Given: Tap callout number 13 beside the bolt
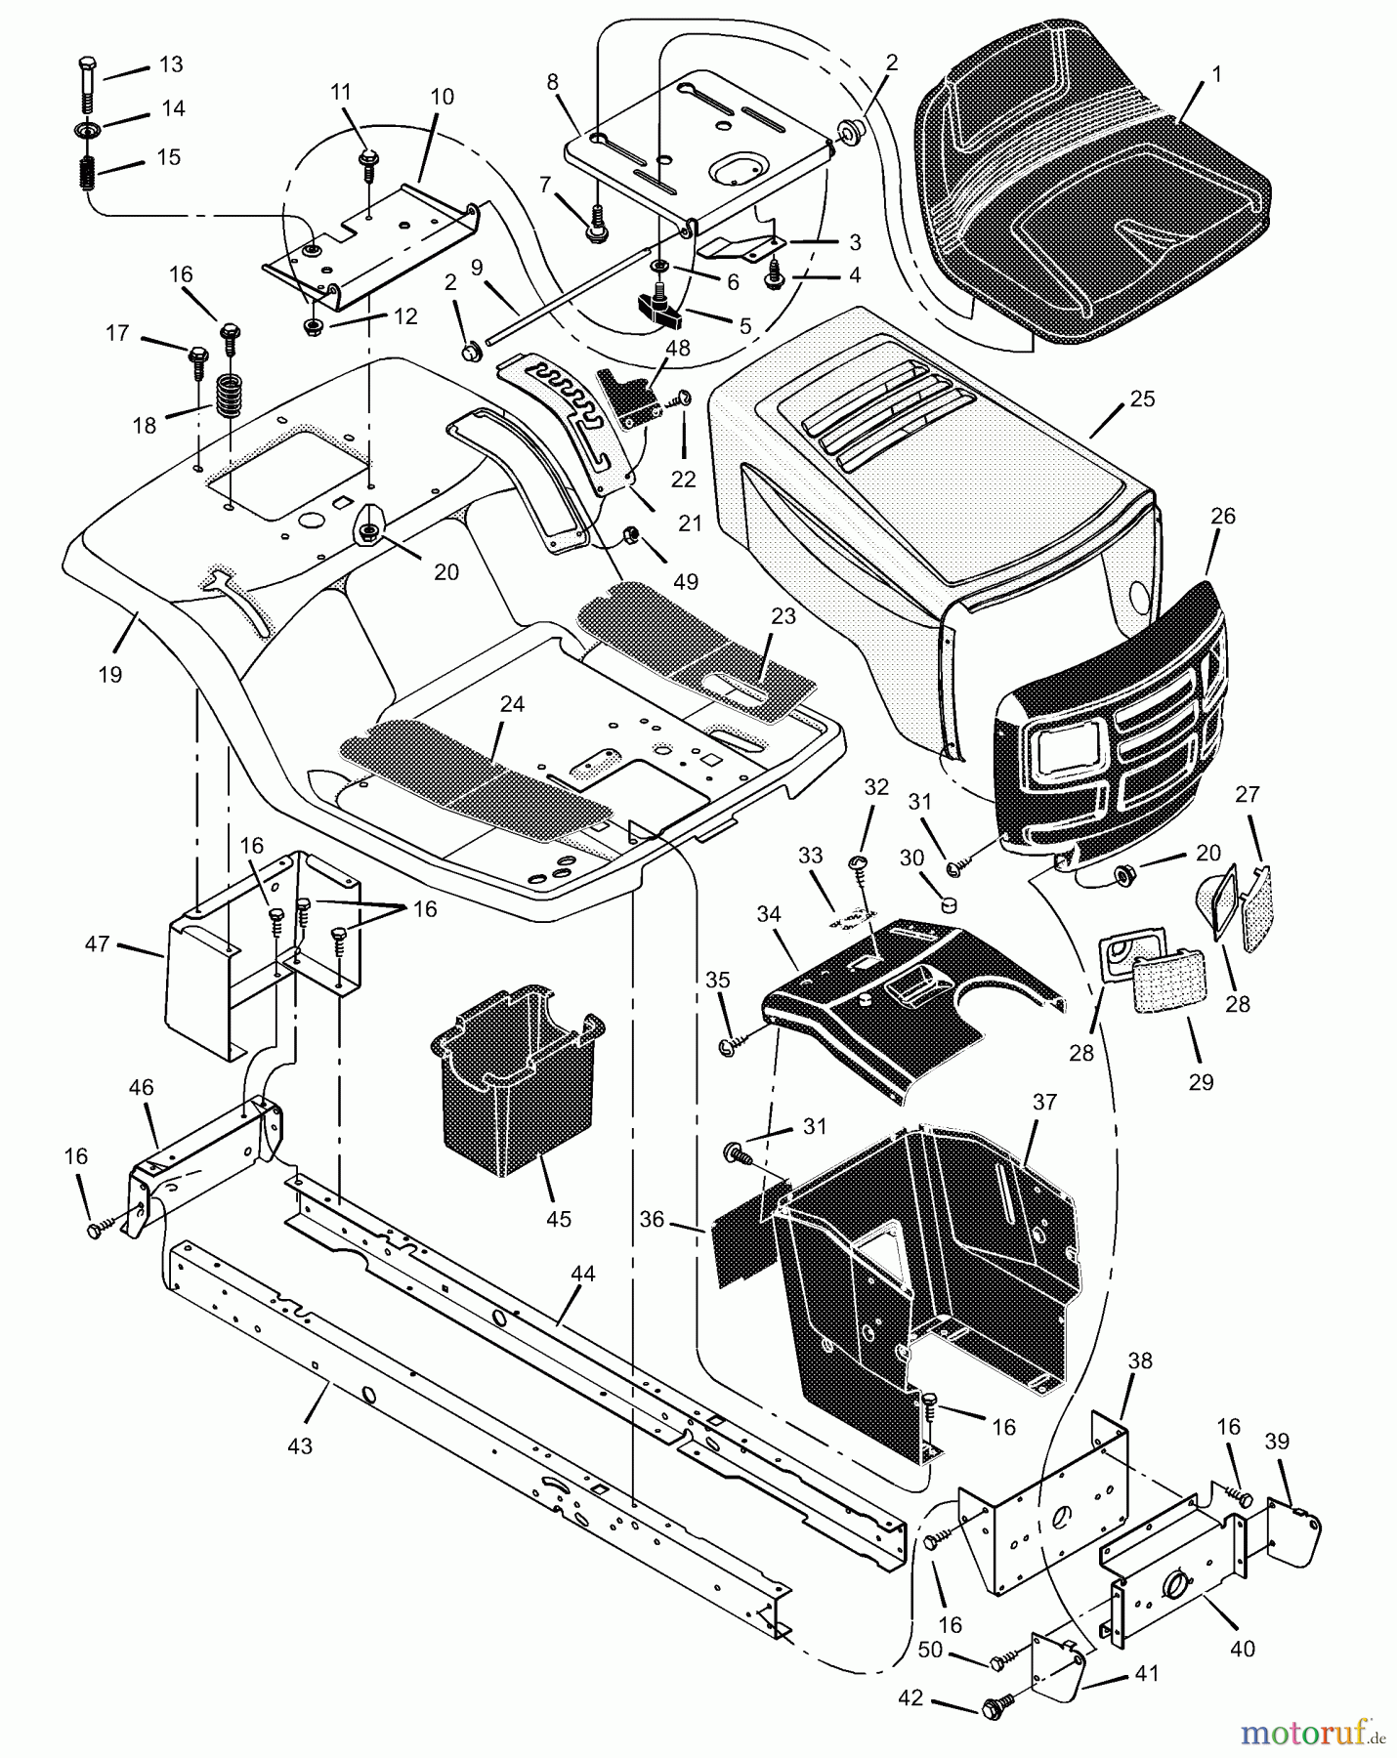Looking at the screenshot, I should [x=170, y=64].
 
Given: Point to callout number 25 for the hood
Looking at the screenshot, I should [x=1142, y=398].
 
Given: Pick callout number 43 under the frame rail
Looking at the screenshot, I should [x=300, y=1445].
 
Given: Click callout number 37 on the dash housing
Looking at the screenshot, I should [x=1044, y=1102].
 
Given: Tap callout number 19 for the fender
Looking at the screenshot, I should [x=109, y=674].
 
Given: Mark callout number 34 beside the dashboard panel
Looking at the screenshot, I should [x=769, y=914].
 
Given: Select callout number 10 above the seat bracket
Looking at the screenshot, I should [x=442, y=97].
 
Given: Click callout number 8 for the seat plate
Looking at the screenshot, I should [x=553, y=82].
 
